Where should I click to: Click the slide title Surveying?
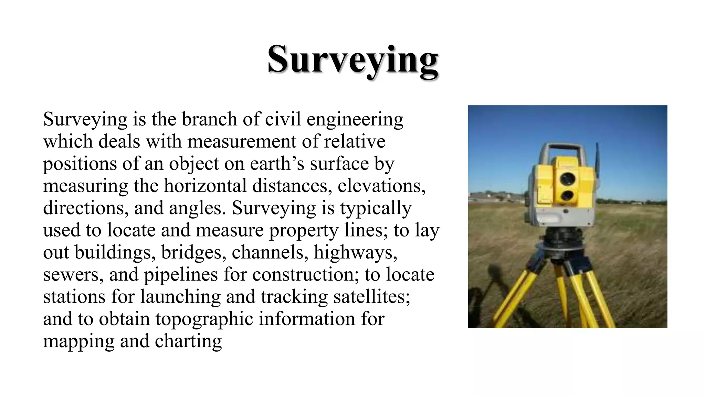352,59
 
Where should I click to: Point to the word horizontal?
205,186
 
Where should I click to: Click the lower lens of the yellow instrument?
566,196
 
